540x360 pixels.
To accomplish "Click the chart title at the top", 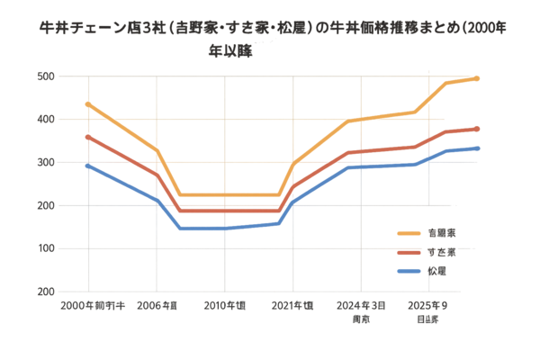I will (x=270, y=37).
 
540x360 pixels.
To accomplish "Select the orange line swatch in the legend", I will (x=409, y=232).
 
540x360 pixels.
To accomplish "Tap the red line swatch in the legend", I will (x=409, y=251).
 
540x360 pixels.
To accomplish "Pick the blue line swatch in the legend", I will (x=409, y=270).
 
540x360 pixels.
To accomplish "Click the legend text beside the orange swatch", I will (x=439, y=232).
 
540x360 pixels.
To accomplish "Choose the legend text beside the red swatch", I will (x=439, y=251).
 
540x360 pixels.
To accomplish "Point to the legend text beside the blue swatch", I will (x=437, y=270).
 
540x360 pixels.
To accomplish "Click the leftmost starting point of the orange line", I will (x=86, y=103).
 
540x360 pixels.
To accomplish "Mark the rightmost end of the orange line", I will (x=479, y=78).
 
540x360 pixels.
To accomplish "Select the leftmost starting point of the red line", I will (x=86, y=137).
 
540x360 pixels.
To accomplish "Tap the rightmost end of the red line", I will (x=479, y=129).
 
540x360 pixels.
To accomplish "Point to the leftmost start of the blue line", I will (x=86, y=166).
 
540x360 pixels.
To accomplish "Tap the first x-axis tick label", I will (x=91, y=307).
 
